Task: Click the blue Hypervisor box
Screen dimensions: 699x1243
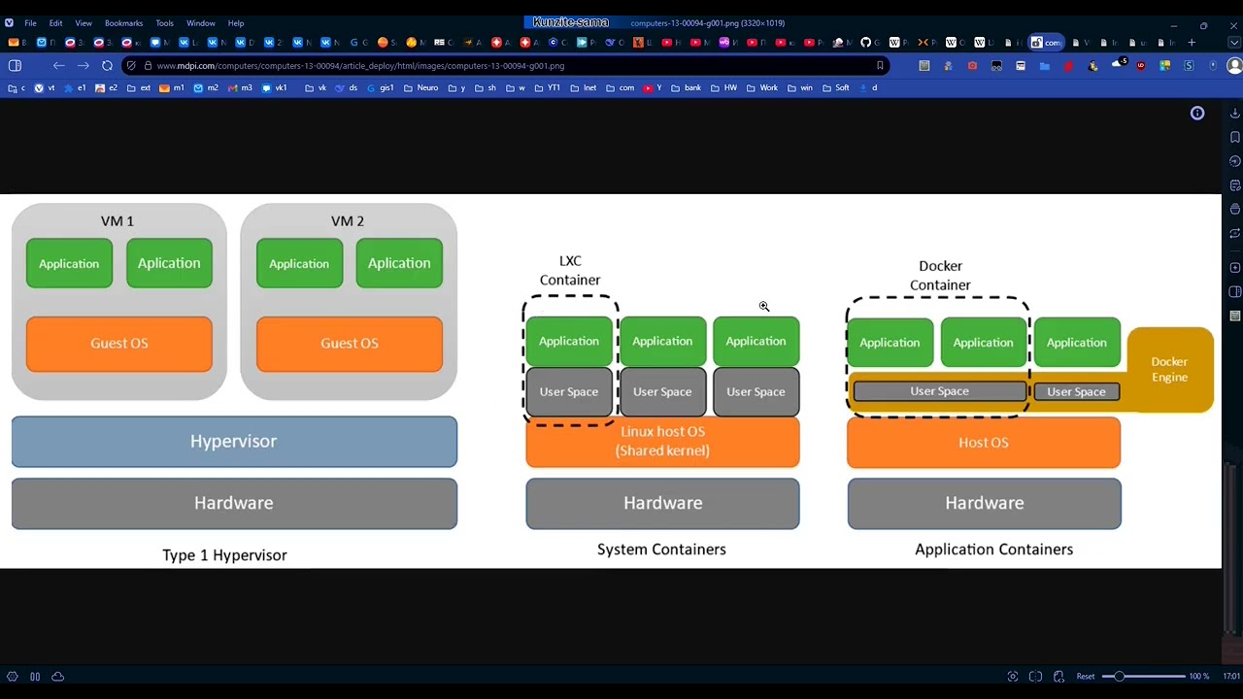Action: [234, 442]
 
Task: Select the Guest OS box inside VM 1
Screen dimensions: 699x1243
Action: [119, 344]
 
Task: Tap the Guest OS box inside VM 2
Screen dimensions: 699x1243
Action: [350, 344]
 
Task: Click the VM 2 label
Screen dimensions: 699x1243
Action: [347, 221]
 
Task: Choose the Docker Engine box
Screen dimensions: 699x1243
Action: [1169, 370]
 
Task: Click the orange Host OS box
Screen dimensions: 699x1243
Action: [983, 443]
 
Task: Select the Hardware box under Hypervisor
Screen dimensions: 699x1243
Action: [234, 503]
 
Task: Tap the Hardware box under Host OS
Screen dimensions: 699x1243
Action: [984, 503]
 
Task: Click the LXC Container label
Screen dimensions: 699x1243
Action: [570, 271]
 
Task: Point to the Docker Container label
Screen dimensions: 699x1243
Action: [940, 276]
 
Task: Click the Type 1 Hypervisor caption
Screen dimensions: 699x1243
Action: [224, 555]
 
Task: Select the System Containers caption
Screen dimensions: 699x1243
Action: [661, 549]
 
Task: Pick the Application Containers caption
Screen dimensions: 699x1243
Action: [993, 549]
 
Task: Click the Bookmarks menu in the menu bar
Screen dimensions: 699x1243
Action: [123, 23]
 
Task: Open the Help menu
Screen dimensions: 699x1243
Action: [236, 23]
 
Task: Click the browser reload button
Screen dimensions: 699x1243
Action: [107, 66]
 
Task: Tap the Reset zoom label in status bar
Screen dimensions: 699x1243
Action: [1086, 677]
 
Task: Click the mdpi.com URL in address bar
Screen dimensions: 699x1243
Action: [360, 66]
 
